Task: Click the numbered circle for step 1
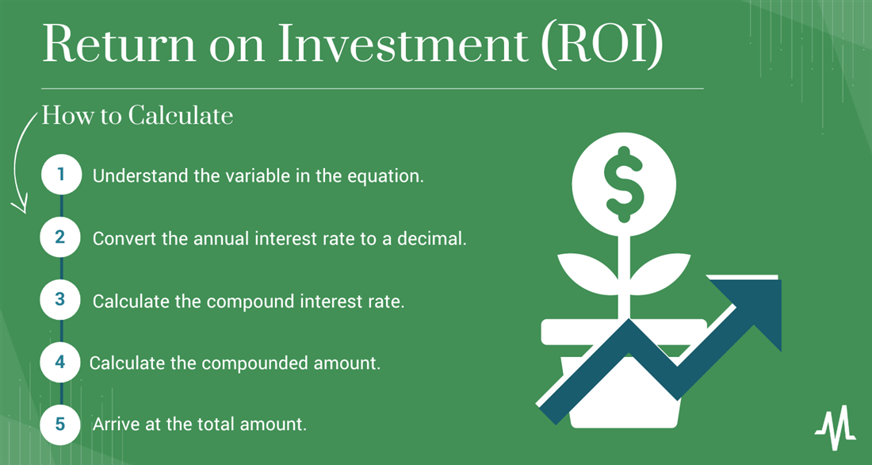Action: point(61,175)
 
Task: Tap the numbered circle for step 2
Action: point(61,237)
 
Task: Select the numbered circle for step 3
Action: point(61,300)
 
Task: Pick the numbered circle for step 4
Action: point(61,362)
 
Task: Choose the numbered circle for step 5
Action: point(61,425)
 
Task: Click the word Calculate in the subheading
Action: point(181,116)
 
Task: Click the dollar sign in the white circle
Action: point(623,184)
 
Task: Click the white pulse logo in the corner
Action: point(836,428)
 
